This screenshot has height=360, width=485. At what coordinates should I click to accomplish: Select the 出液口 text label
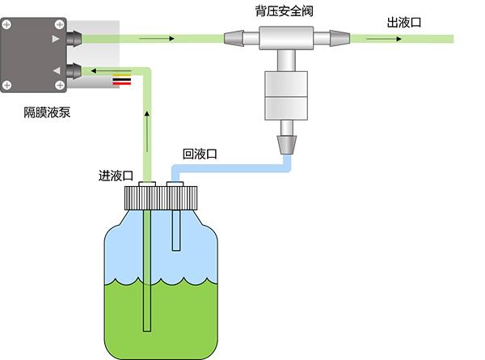pos(404,22)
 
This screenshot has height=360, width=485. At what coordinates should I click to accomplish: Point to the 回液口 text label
pos(200,154)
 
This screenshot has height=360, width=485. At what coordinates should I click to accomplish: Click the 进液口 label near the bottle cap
pos(115,176)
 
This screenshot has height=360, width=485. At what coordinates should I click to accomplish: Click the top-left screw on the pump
pos(8,24)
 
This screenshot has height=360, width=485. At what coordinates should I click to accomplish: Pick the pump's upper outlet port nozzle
pos(73,38)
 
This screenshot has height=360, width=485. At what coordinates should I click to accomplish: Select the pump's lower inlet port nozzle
pos(73,71)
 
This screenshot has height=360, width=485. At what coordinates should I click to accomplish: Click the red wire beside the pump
pos(121,83)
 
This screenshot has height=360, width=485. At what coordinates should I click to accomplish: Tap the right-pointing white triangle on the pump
pos(56,38)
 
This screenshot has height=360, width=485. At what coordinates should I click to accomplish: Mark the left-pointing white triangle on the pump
pos(56,71)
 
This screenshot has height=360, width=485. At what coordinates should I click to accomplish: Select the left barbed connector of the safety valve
pos(234,37)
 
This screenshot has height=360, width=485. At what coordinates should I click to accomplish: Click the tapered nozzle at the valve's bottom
pos(287,144)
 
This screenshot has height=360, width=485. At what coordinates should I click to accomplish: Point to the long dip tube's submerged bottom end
pos(146,324)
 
